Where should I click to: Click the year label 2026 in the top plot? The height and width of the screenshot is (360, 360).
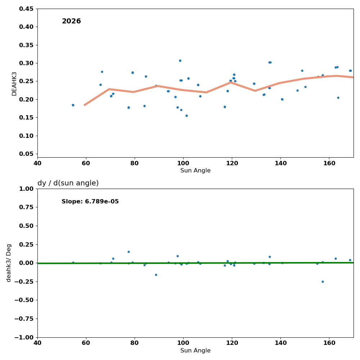point(71,21)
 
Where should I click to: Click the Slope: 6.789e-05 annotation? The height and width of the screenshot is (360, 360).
point(90,202)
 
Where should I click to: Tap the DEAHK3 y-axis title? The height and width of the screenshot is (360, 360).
point(14,84)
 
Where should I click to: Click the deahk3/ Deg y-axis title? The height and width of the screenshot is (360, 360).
point(9,263)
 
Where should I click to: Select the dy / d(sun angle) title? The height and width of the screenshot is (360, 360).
point(68,183)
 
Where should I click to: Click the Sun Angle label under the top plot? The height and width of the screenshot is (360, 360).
point(195,171)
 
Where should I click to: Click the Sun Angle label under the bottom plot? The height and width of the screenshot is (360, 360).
point(195,351)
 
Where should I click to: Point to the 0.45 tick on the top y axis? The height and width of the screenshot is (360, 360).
point(26,9)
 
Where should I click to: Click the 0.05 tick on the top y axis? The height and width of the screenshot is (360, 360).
point(26,154)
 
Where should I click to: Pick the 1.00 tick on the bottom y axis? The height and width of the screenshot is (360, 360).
point(26,189)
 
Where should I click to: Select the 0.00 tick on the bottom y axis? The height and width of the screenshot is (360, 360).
point(26,263)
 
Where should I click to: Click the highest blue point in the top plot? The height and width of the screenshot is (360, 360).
point(180,60)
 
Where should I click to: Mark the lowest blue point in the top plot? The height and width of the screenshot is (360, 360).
point(186,116)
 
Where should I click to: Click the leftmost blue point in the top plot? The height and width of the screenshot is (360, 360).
point(73,105)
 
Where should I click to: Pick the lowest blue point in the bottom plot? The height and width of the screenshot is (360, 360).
point(323,282)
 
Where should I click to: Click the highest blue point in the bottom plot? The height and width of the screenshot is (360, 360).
point(129,252)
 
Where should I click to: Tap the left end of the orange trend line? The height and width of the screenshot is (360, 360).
point(85,105)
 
